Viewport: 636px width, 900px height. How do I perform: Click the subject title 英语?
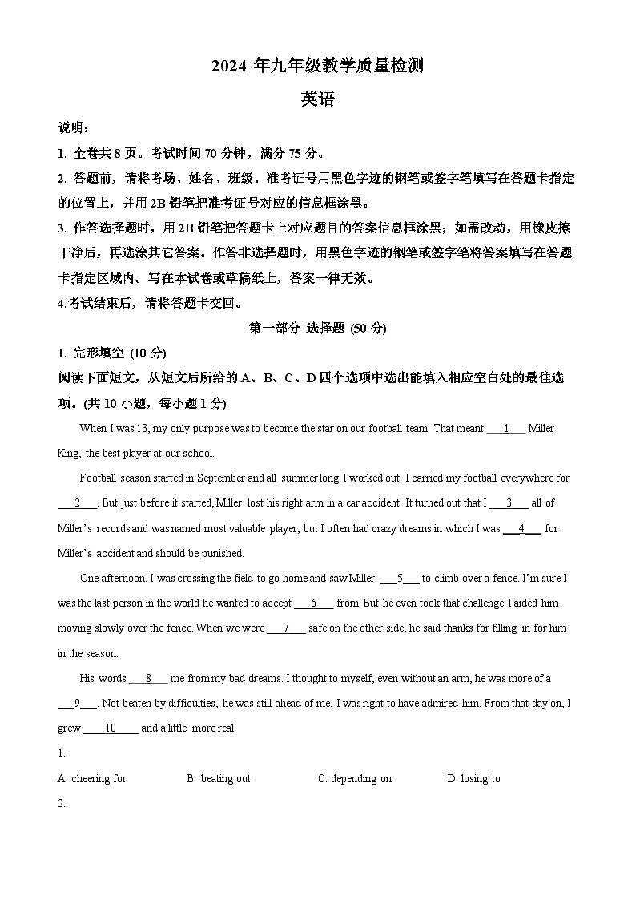317,99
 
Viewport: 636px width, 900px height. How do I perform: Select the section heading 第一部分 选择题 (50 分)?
318,328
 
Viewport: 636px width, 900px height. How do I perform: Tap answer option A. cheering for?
92,778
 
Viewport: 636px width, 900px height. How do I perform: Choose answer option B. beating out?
219,778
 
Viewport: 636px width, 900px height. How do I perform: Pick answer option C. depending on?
355,778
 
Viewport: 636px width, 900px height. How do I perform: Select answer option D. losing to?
473,778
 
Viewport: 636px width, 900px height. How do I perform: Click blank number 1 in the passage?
506,429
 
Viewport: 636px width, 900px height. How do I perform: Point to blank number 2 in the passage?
78,503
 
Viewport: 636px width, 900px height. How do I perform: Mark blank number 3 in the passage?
509,503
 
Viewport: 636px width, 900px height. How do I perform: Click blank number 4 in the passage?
521,529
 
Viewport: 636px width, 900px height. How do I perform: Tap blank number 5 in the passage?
400,579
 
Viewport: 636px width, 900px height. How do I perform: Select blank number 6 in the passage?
314,603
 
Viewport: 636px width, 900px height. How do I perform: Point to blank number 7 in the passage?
286,628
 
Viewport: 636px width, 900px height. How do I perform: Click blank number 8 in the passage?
148,679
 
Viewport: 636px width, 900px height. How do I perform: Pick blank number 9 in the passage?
78,704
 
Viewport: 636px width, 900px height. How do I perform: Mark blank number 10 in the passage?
111,728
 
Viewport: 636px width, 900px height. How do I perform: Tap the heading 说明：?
74,127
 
